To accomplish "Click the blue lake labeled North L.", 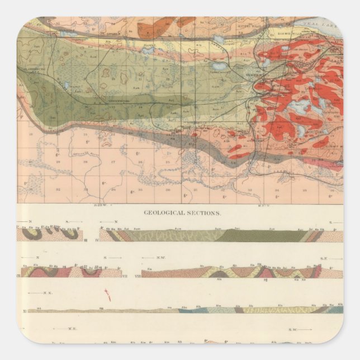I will [148, 51].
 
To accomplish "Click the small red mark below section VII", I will [108, 295].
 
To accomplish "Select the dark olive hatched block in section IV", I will [257, 235].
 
